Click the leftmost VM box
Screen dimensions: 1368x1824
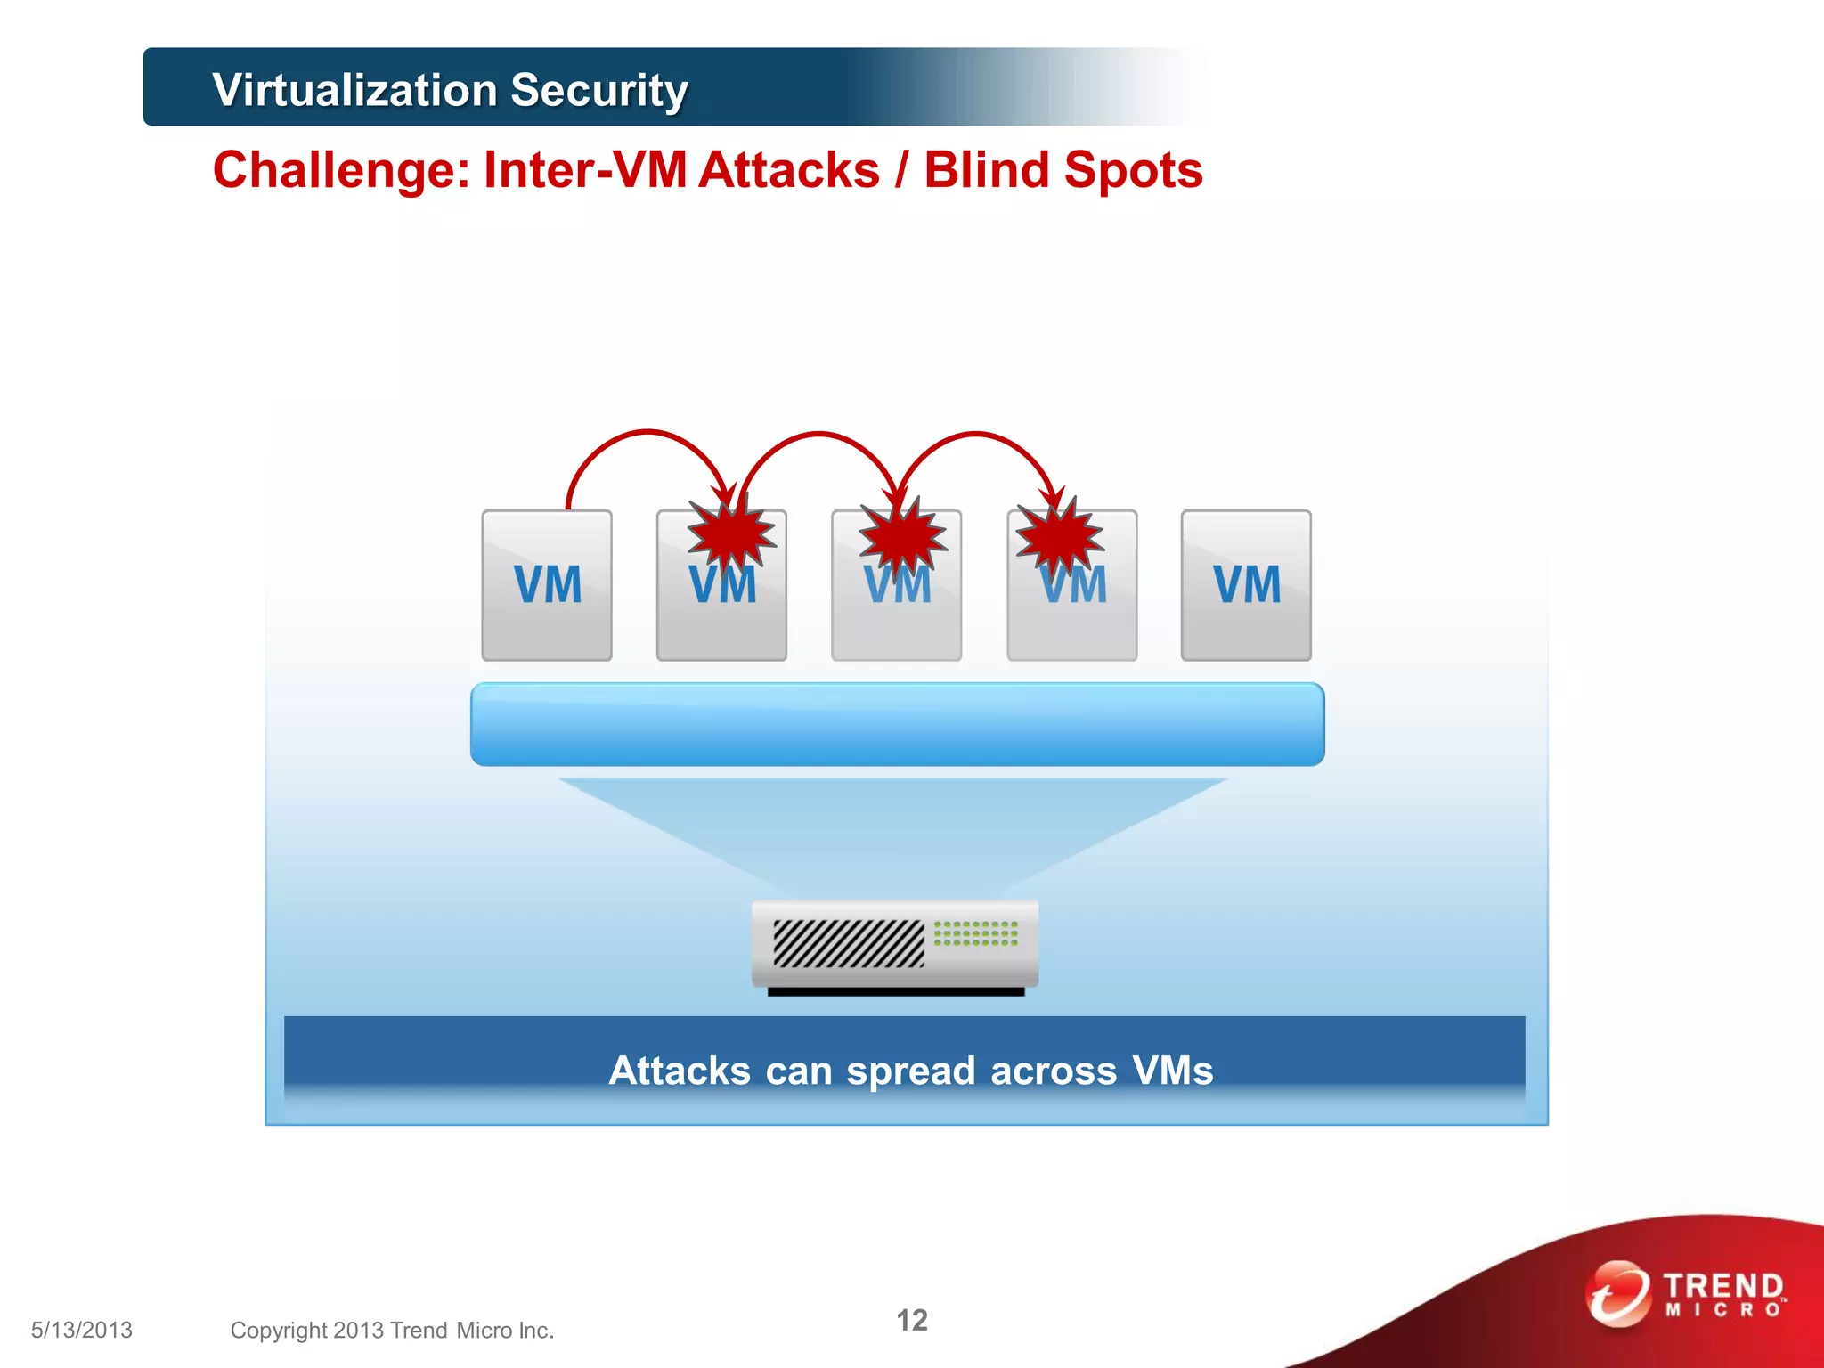point(547,585)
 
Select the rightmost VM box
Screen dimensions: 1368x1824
point(1246,585)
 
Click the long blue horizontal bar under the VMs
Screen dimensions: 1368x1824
point(897,724)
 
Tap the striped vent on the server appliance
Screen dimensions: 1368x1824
point(848,943)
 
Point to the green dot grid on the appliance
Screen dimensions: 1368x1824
point(975,933)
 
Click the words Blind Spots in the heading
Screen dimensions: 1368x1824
point(1063,170)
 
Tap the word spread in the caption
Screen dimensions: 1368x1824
point(910,1071)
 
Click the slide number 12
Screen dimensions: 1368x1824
point(911,1320)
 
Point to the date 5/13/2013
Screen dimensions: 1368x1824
point(82,1330)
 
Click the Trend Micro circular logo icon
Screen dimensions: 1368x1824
point(1617,1293)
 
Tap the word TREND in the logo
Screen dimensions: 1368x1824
point(1722,1286)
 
